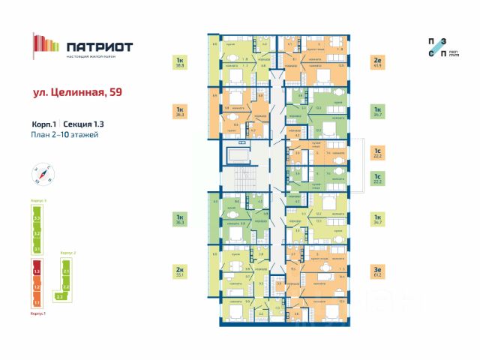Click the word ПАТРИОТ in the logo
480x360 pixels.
tap(99, 46)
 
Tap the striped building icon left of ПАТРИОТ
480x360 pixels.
tap(46, 44)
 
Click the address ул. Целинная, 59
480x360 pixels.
tap(77, 93)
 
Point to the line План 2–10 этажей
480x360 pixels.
tap(66, 134)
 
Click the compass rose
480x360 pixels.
tap(44, 175)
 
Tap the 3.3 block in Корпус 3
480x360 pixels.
tap(36, 219)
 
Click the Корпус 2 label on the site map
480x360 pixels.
tap(67, 253)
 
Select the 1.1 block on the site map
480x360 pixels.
tap(36, 301)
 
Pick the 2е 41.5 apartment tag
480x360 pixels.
tap(377, 62)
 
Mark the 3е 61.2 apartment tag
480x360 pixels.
tap(377, 272)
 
